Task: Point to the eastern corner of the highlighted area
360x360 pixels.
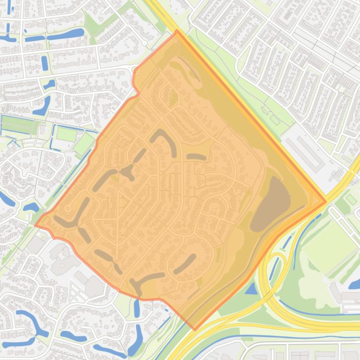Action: point(326,202)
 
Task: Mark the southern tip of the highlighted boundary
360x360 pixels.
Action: point(195,329)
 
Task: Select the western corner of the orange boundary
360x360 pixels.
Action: point(36,225)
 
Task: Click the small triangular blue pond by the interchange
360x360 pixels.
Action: point(251,289)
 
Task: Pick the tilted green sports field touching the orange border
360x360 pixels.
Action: point(83,144)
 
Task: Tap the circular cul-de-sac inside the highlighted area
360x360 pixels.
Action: point(67,208)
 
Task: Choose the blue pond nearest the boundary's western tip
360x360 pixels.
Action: point(31,207)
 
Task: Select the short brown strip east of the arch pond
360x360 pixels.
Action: point(197,157)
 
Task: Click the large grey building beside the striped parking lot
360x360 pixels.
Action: point(94,285)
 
